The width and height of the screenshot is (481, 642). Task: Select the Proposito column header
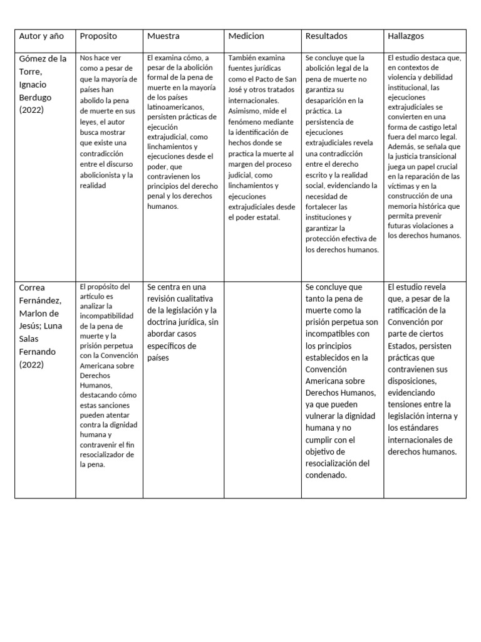click(x=98, y=36)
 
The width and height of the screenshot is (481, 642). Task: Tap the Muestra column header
click(x=163, y=36)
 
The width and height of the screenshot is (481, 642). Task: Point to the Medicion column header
click(x=246, y=36)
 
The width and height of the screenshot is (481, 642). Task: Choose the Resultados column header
click(x=326, y=36)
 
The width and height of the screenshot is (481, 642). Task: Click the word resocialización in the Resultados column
click(x=337, y=463)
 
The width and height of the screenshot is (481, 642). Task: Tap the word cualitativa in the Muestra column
click(x=193, y=298)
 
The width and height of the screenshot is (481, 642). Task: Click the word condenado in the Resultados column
click(x=326, y=475)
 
